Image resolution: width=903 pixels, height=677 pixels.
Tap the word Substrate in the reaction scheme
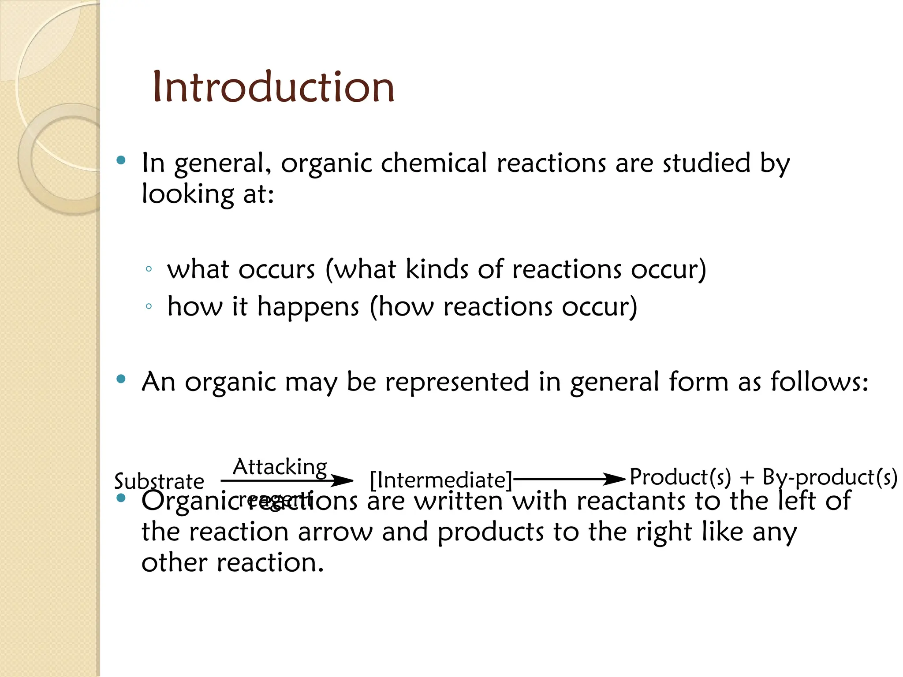pos(159,481)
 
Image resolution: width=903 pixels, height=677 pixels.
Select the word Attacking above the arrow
pos(280,467)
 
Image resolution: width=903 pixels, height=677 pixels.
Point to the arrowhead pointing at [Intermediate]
pos(343,480)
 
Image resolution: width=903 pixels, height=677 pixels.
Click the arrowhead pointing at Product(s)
pos(615,479)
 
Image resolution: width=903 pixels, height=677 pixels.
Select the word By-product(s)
pos(829,477)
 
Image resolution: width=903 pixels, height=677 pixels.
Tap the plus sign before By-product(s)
pos(746,477)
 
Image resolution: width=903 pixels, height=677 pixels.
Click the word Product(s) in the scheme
pos(680,477)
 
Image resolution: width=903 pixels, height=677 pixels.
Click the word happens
pos(308,307)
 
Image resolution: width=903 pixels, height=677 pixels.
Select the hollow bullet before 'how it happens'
pos(149,306)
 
